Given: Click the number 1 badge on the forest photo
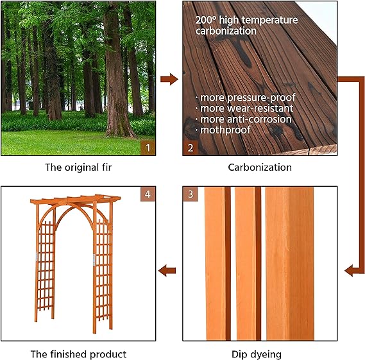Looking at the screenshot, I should (x=148, y=148).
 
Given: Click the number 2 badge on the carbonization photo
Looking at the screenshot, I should (x=190, y=148).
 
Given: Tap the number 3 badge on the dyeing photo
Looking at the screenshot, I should (x=190, y=194).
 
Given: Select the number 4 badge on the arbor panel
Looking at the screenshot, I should (x=148, y=194).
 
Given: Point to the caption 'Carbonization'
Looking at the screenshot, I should (x=260, y=167).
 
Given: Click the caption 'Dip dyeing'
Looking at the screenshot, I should (x=260, y=354).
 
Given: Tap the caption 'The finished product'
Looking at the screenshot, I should (x=78, y=354).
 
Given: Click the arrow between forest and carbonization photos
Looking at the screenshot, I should (x=169, y=80).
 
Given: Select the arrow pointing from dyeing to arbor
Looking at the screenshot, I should (x=169, y=270).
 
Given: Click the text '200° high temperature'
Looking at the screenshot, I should (x=246, y=20).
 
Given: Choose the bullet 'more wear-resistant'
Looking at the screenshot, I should (x=245, y=108).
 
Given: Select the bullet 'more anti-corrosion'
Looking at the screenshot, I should (x=246, y=119).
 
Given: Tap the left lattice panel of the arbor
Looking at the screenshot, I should (x=46, y=270).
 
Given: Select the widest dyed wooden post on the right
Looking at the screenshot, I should (x=289, y=263).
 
